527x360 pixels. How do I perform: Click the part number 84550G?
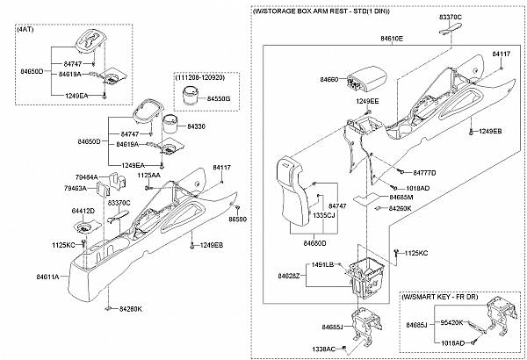[219, 99]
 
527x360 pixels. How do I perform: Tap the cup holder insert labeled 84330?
[171, 126]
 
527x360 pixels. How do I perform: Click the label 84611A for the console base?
[47, 277]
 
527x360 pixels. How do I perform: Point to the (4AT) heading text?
[25, 29]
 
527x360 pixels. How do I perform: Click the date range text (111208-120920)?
[200, 77]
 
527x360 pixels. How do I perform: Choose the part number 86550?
[238, 220]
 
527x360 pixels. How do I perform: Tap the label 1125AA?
[148, 176]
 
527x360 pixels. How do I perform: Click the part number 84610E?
[392, 39]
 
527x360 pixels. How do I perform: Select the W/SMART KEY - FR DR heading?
[440, 297]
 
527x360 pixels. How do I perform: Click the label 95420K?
[451, 323]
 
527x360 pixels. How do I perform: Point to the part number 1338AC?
[323, 349]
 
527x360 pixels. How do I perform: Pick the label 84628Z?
[289, 276]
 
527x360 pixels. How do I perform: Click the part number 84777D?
[424, 173]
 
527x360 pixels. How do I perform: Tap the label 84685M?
[401, 197]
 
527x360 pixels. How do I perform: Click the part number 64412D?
[83, 211]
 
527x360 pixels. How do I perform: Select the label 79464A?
[86, 177]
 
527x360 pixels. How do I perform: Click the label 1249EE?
[367, 101]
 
